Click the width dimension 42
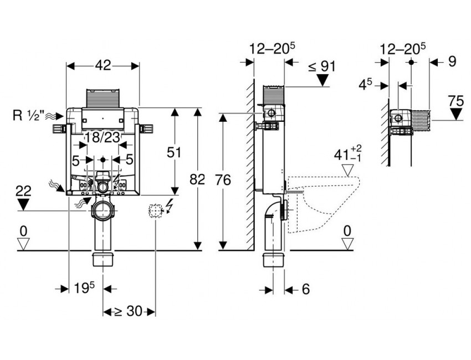click(103, 65)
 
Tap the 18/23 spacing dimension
click(103, 137)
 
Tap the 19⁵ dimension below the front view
click(85, 288)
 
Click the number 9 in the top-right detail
click(452, 61)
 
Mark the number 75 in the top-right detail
click(456, 101)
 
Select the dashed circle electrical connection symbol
click(155, 210)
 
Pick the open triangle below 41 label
click(349, 170)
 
